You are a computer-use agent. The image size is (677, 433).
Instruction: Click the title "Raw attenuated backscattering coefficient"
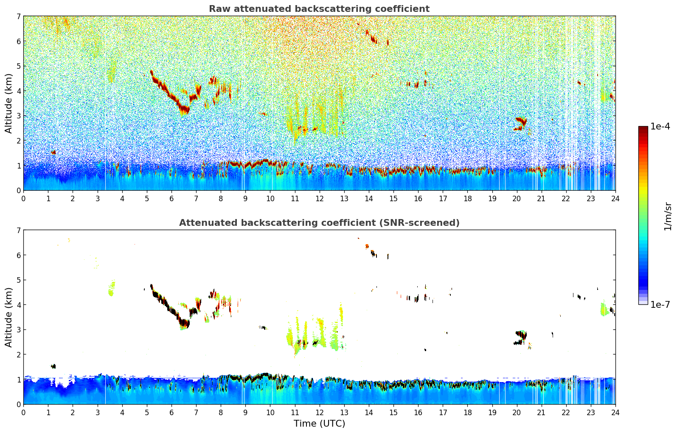click(319, 9)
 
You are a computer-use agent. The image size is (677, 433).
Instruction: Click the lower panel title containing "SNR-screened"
click(319, 223)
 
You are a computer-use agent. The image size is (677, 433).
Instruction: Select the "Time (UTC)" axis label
click(319, 424)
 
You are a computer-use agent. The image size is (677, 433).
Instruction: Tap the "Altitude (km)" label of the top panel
click(9, 103)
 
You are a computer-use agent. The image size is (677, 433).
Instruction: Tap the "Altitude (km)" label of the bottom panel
click(9, 317)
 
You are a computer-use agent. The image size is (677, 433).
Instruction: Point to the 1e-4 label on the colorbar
click(660, 127)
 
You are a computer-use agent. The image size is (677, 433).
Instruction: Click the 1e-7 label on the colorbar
click(660, 304)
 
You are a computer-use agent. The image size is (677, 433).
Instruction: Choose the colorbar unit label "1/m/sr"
click(668, 216)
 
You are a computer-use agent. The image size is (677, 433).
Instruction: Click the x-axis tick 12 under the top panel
click(319, 199)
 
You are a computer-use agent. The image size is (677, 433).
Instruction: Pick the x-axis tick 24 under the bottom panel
click(615, 413)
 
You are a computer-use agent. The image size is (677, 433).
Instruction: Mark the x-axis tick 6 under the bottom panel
click(171, 413)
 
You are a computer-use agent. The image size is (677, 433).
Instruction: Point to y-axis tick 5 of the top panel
click(18, 66)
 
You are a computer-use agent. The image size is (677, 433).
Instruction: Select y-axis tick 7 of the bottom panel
click(18, 231)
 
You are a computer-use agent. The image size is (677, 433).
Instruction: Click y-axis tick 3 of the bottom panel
click(18, 330)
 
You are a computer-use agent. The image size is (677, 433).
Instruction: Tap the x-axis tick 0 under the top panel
click(23, 199)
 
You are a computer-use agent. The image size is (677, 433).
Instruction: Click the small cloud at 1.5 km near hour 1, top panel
click(53, 152)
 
